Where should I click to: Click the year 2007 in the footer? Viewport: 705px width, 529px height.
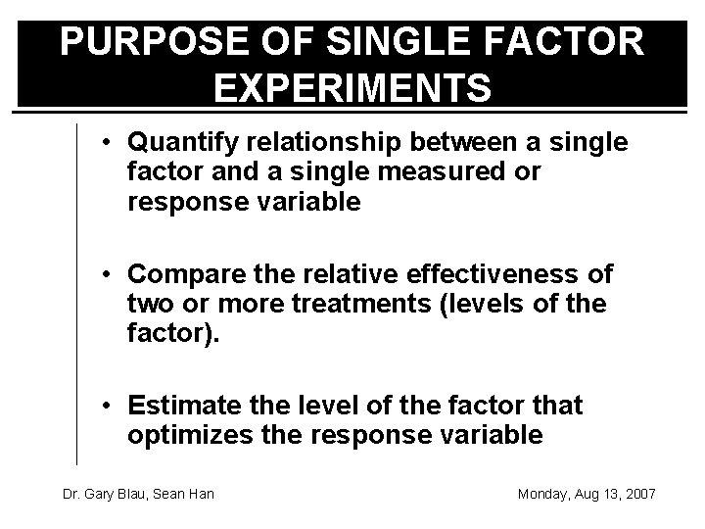638,493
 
